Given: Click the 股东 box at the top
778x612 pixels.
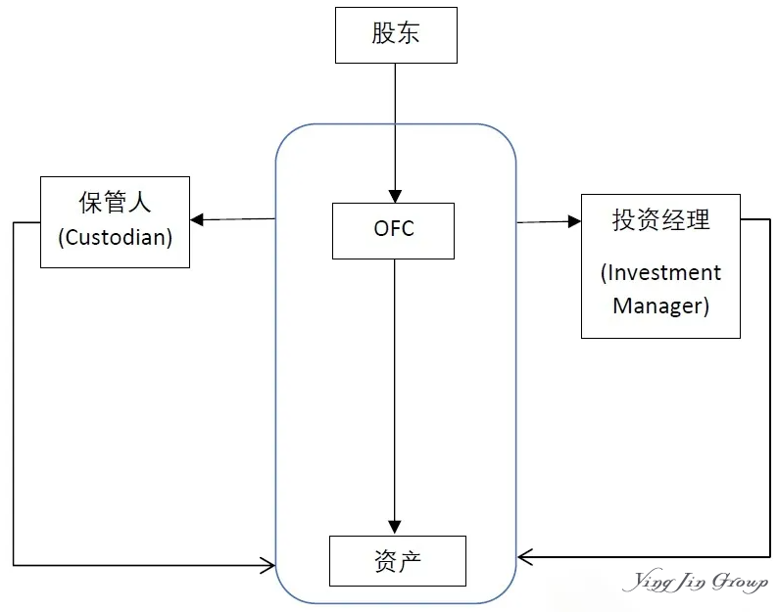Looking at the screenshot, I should tap(396, 35).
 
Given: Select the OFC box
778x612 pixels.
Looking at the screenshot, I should tap(393, 230).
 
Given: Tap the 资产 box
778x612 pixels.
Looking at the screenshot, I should tap(397, 560).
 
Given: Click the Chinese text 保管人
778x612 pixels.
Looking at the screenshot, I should tap(115, 203).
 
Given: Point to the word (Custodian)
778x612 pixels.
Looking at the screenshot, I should tap(115, 238).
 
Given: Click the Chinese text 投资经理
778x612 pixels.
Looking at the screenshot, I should tap(660, 220).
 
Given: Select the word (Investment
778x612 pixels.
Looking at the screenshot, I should tap(660, 272).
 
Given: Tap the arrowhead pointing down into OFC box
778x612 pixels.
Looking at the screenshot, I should tap(393, 195).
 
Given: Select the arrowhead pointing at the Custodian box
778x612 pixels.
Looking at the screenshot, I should tap(197, 219).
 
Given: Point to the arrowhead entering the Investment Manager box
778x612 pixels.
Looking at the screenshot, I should tap(573, 221).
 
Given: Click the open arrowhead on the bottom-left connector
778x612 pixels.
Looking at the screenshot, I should tap(267, 564).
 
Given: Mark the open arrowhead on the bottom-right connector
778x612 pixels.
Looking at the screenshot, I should tap(524, 557).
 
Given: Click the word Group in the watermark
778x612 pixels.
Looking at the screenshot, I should tap(739, 583).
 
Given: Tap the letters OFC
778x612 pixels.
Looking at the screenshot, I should tap(394, 229).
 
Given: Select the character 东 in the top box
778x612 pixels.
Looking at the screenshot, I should tap(410, 35).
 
